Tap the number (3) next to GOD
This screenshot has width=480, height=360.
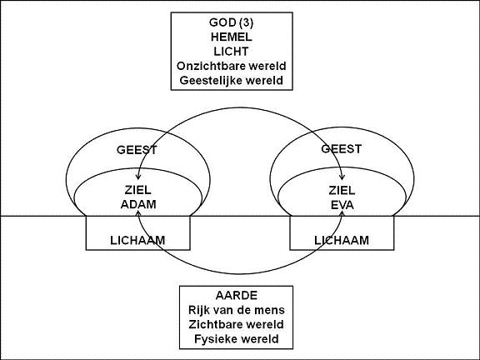[x=246, y=22]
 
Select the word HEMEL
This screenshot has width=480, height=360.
[x=232, y=37]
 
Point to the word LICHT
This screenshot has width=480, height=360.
[x=231, y=52]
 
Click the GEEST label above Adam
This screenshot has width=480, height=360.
[x=137, y=150]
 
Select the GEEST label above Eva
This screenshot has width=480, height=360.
[x=342, y=149]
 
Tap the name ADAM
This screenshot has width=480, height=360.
[x=138, y=204]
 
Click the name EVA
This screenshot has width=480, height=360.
[x=342, y=205]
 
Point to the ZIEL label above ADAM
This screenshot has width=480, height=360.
[x=137, y=190]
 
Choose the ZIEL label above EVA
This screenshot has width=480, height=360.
[x=342, y=190]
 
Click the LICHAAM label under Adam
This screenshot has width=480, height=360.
[x=137, y=240]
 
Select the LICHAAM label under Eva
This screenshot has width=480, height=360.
[x=342, y=240]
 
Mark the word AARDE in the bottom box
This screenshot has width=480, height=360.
[x=237, y=295]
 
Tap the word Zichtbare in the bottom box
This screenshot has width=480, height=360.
[x=213, y=324]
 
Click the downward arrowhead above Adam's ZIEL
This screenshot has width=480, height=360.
[x=138, y=177]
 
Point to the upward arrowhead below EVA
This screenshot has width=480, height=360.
[x=342, y=212]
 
